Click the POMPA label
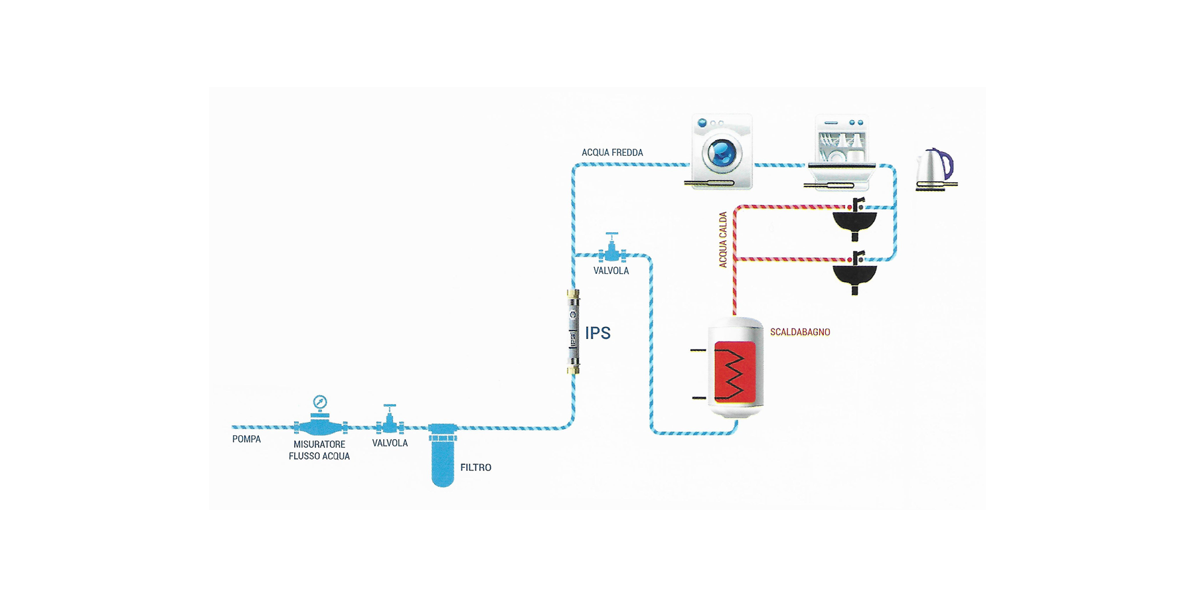pyautogui.click(x=246, y=439)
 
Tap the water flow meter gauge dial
pyautogui.click(x=320, y=402)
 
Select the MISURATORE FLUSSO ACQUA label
pyautogui.click(x=319, y=450)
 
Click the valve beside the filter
pyautogui.click(x=390, y=421)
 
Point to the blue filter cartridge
pyautogui.click(x=443, y=458)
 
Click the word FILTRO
pyautogui.click(x=476, y=468)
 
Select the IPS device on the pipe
pyautogui.click(x=573, y=332)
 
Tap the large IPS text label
pyautogui.click(x=597, y=333)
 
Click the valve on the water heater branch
pyautogui.click(x=611, y=249)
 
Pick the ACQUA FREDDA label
pyautogui.click(x=612, y=153)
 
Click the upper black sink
pyautogui.click(x=855, y=222)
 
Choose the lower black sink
pyautogui.click(x=855, y=274)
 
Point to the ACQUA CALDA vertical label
pyautogui.click(x=723, y=239)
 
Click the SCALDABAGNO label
pyautogui.click(x=800, y=332)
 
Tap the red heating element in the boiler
pyautogui.click(x=734, y=373)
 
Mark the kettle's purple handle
pyautogui.click(x=947, y=163)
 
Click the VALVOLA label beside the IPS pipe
pyautogui.click(x=611, y=271)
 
